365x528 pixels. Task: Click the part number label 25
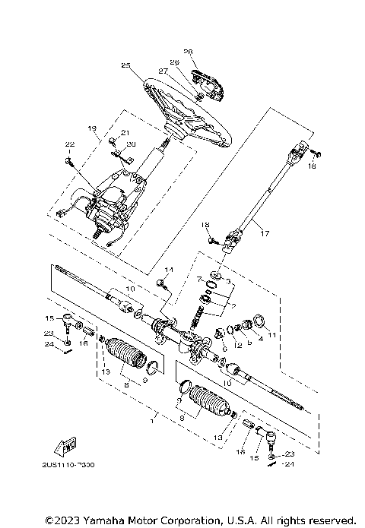[125, 66]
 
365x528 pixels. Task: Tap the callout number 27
[161, 71]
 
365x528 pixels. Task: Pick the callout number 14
[169, 270]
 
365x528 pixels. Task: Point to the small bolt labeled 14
[161, 283]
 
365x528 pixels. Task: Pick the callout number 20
[131, 144]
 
